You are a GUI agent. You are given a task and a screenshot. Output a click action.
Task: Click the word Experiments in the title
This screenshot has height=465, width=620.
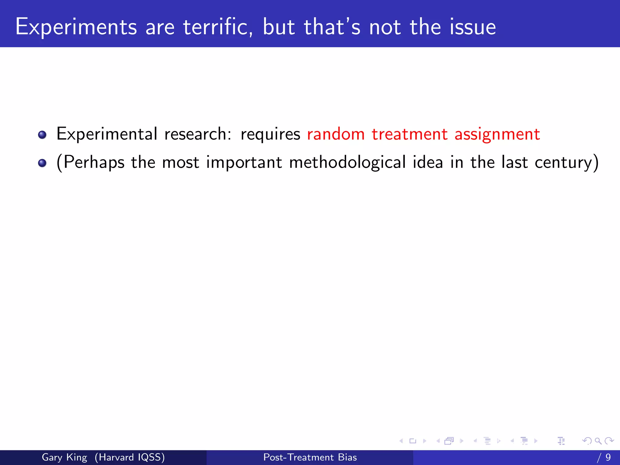coord(76,27)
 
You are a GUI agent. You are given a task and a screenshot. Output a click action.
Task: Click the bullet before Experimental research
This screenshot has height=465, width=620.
coord(42,135)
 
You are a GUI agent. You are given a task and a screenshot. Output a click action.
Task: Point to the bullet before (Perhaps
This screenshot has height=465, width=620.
coord(42,163)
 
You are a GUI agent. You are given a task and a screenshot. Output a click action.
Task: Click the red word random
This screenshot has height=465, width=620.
coord(336,134)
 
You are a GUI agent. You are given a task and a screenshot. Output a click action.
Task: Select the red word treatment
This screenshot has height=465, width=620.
coord(410,134)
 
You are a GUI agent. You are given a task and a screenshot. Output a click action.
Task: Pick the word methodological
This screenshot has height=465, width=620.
coord(347,162)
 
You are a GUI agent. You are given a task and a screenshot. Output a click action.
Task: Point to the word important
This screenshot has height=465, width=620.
coord(244,163)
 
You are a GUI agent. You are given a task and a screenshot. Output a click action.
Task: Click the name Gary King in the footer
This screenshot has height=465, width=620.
coord(64,457)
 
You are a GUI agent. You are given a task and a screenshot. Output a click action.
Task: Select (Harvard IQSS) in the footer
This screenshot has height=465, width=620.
coord(130,457)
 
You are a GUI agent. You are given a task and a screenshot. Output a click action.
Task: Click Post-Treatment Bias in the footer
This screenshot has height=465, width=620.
coord(310,457)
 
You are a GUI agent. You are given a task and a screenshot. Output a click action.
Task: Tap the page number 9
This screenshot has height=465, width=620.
coord(608,457)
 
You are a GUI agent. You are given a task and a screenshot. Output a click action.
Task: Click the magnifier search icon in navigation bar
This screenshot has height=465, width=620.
coord(598,441)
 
